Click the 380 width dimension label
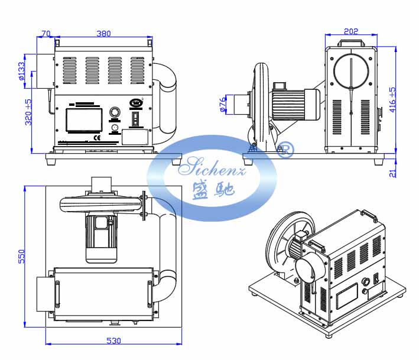pyautogui.click(x=103, y=34)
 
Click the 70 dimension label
pyautogui.click(x=46, y=34)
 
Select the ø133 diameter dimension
pyautogui.click(x=21, y=71)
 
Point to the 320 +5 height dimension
pyautogui.click(x=28, y=112)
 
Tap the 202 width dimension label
pyautogui.click(x=351, y=31)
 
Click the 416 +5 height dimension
pyautogui.click(x=392, y=99)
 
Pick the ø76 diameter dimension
pyautogui.click(x=223, y=104)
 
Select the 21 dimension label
pyautogui.click(x=392, y=173)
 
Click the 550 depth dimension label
pyautogui.click(x=21, y=257)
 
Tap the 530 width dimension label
pyautogui.click(x=113, y=340)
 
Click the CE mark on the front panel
pyautogui.click(x=98, y=138)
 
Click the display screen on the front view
pyautogui.click(x=84, y=120)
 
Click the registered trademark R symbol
pyautogui.click(x=285, y=151)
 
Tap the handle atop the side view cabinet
pyautogui.click(x=351, y=43)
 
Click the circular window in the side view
pyautogui.click(x=351, y=72)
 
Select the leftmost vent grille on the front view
pyautogui.click(x=70, y=70)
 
